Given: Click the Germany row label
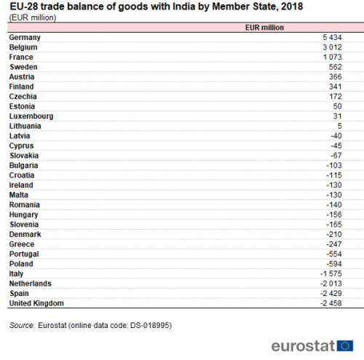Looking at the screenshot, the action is (25, 38).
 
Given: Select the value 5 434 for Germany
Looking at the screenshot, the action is (332, 37).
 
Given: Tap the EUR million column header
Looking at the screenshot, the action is (264, 28).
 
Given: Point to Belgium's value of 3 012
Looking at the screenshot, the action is (332, 47).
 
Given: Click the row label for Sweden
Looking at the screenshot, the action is (23, 67).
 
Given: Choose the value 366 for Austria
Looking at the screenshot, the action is (336, 77).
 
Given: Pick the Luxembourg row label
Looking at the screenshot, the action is (31, 117).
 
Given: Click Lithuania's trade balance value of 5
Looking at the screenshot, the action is (339, 126).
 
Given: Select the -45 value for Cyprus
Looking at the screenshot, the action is (336, 146).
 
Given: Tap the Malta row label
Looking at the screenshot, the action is (18, 195).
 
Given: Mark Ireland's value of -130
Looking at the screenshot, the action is (334, 185).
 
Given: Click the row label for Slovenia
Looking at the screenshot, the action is (24, 224).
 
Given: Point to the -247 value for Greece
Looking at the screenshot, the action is (334, 244).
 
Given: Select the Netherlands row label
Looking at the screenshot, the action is (31, 283).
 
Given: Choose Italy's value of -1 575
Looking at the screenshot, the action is (331, 274).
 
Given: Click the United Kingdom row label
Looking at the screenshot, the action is (36, 303).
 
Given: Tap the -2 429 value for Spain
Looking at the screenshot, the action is (331, 294).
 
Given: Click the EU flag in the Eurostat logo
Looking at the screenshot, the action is (345, 345).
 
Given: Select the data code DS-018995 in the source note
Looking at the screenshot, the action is (150, 325).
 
